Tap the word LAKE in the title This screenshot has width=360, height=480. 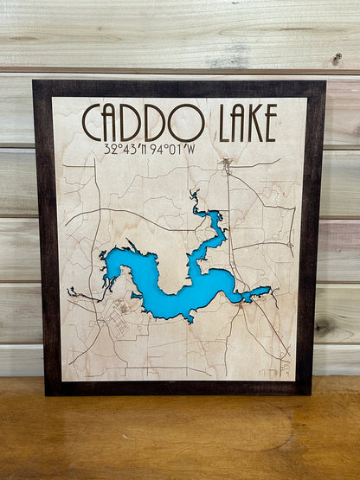(247, 123)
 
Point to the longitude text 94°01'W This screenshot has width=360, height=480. (172, 149)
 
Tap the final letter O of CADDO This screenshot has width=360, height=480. (186, 123)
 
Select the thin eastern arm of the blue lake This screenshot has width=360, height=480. (256, 293)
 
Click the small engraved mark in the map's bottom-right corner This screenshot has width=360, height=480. (285, 367)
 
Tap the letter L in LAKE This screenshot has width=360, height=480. (205, 123)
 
